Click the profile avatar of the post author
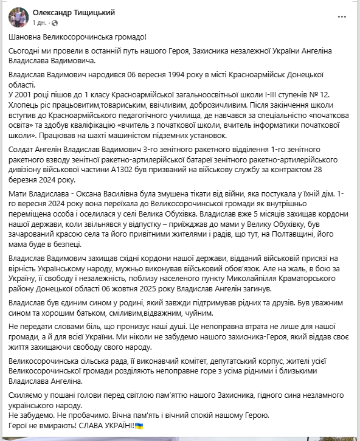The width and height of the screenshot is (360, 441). tap(12, 17)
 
